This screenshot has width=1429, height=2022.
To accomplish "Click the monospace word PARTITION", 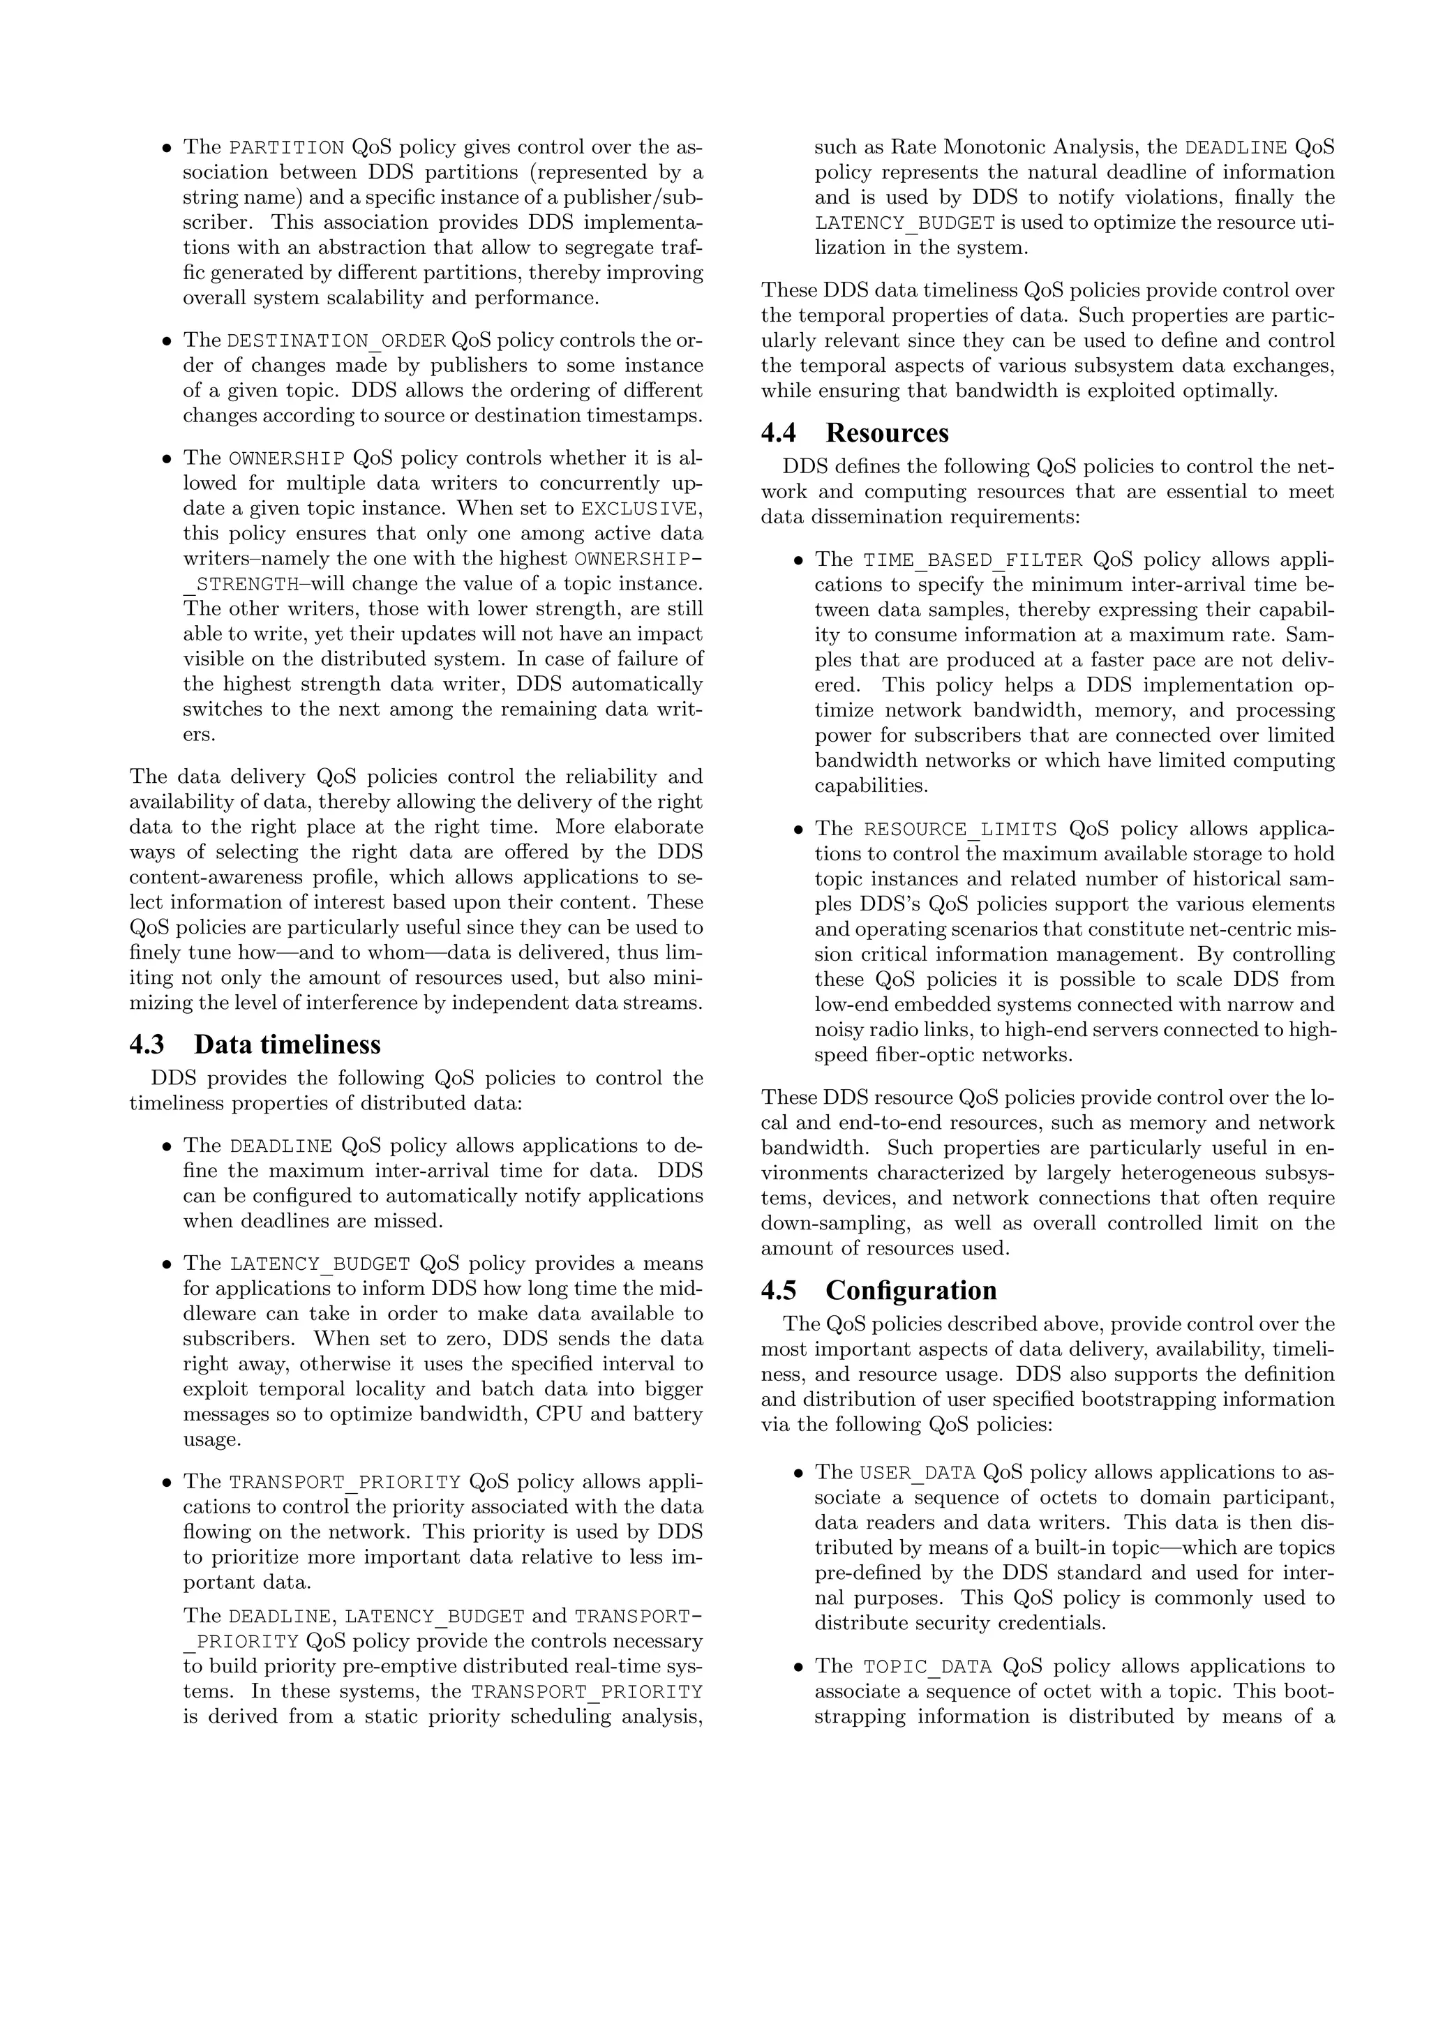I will coord(286,147).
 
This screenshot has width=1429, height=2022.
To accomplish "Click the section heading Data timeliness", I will coord(287,1044).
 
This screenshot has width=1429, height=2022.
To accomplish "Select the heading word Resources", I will coord(887,433).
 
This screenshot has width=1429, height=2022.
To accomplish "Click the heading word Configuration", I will coord(911,1290).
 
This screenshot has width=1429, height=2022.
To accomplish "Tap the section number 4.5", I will coord(778,1290).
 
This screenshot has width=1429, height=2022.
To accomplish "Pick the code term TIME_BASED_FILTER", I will coord(972,560).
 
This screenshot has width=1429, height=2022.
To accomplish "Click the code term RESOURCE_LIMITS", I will coord(959,829).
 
